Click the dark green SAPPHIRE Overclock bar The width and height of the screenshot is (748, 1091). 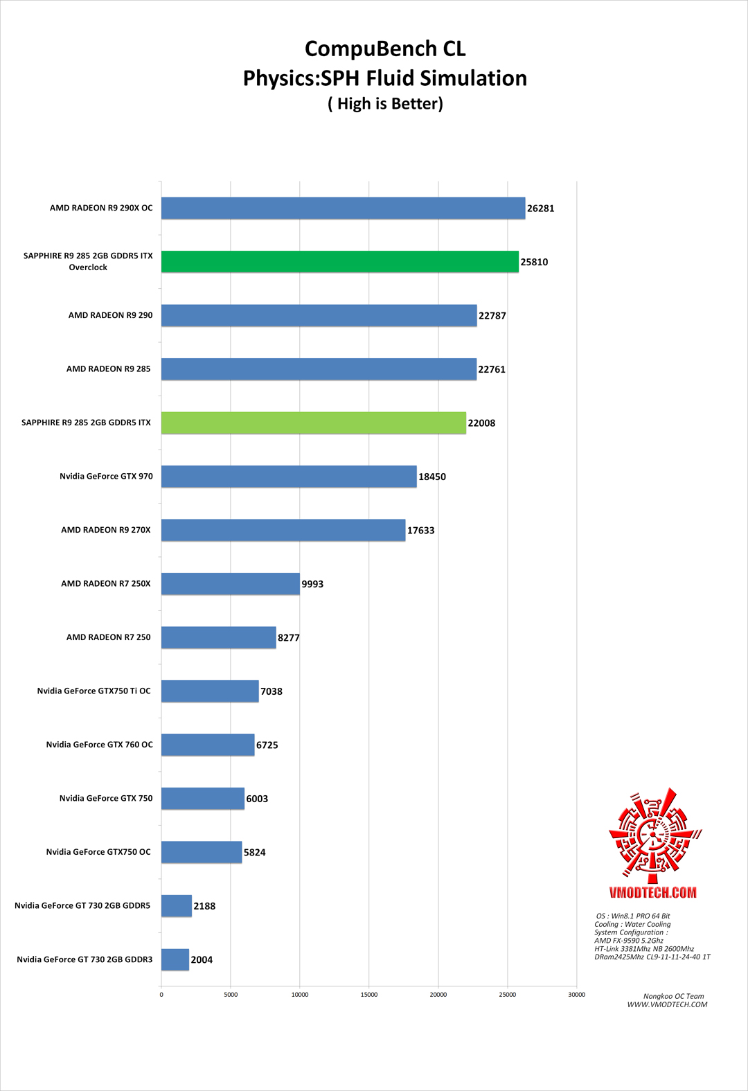339,262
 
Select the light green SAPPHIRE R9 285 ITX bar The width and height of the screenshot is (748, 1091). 313,423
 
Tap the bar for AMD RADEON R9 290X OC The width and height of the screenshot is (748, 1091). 343,208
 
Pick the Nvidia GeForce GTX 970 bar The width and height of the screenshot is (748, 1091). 289,477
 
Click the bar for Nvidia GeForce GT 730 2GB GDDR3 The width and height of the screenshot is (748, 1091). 175,959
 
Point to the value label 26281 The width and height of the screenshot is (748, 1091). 540,209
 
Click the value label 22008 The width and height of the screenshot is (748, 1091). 481,423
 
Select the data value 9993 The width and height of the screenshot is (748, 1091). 312,584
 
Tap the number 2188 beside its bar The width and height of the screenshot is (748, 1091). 204,906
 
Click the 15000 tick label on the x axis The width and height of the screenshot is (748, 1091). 368,995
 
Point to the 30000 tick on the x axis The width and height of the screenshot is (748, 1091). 576,995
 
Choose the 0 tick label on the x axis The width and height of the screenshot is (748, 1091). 161,995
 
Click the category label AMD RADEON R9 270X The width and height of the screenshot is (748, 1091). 105,530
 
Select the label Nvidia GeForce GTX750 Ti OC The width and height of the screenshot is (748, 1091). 93,691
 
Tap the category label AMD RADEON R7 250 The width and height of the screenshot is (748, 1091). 108,637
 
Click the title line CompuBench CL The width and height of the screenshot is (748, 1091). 385,48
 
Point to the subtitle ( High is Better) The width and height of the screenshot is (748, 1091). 385,104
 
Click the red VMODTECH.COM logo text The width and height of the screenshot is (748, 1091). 652,892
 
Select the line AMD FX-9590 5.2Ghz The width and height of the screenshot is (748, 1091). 629,941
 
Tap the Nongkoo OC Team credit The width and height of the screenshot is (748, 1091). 673,996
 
